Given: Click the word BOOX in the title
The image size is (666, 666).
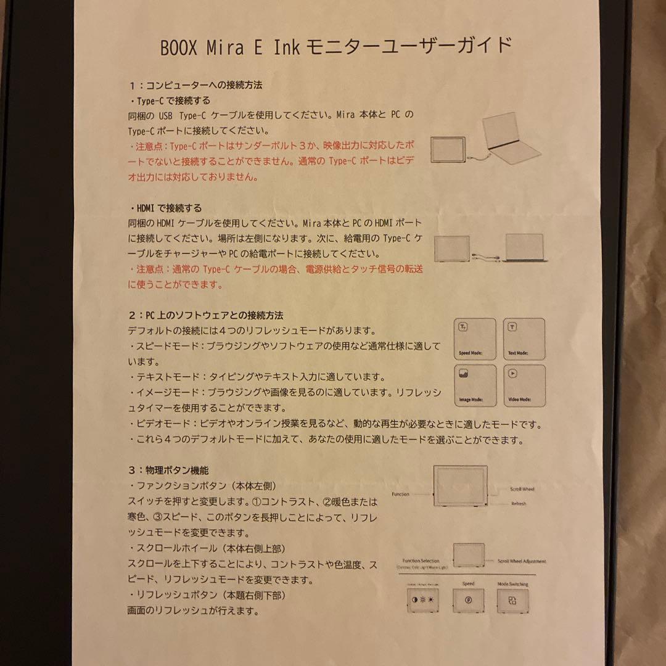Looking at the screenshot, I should pyautogui.click(x=179, y=47).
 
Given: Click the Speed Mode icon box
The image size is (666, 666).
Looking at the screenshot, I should pyautogui.click(x=475, y=339).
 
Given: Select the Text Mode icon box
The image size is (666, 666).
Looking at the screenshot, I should pyautogui.click(x=524, y=339).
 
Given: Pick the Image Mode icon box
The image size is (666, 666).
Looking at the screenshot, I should pyautogui.click(x=475, y=385).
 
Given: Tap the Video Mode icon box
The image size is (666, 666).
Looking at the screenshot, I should pyautogui.click(x=524, y=385).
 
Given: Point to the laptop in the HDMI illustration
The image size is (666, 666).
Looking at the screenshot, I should pyautogui.click(x=525, y=247).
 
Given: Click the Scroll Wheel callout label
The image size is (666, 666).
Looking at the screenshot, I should pyautogui.click(x=522, y=489).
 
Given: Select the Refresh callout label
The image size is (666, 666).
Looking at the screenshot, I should pyautogui.click(x=518, y=504).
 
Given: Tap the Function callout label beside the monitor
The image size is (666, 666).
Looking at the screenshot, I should pyautogui.click(x=400, y=494).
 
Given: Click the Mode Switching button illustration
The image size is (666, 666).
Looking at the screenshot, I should pyautogui.click(x=512, y=600).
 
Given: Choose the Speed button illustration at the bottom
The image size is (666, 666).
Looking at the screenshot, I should pyautogui.click(x=469, y=600).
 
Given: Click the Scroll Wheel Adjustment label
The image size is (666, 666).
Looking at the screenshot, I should pyautogui.click(x=522, y=561).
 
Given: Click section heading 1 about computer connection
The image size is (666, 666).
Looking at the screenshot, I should pyautogui.click(x=195, y=85).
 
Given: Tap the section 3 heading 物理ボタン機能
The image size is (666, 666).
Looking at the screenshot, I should pyautogui.click(x=169, y=471).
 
